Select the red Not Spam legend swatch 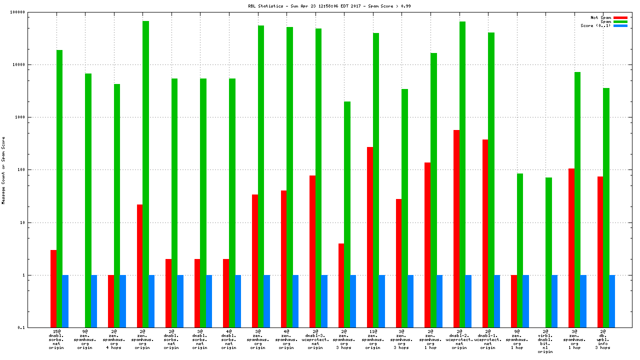tap(620, 17)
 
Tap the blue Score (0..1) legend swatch tap(620, 25)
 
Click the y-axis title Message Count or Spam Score tap(3, 170)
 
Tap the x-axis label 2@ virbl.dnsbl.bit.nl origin tap(545, 341)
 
